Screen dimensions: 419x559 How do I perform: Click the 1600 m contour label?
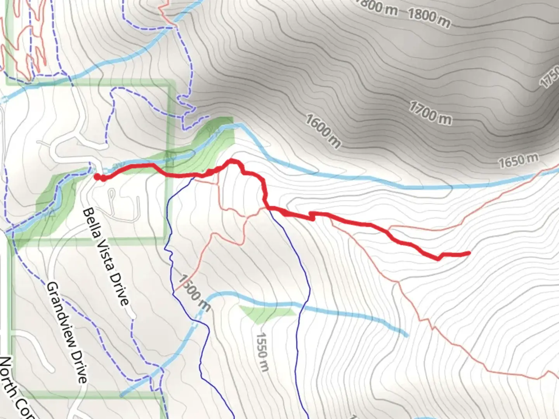click(323, 131)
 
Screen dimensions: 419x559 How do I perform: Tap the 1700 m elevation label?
click(430, 113)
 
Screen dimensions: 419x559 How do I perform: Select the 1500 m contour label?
click(194, 293)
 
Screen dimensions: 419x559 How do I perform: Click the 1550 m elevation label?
click(262, 351)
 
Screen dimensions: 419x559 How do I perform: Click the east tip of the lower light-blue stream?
click(407, 335)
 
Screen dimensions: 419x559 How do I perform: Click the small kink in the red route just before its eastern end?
click(440, 257)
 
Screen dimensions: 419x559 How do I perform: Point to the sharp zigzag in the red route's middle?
click(312, 216)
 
